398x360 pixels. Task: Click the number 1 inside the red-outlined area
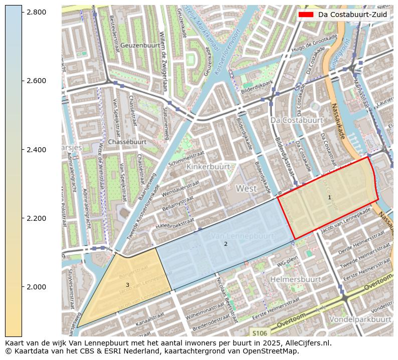(x=329, y=197)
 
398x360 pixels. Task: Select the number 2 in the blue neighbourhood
(x=226, y=244)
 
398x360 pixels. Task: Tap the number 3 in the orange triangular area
(x=127, y=285)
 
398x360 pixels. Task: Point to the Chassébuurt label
(x=127, y=142)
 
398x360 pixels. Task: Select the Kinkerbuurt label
(x=208, y=166)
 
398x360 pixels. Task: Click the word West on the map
(x=246, y=189)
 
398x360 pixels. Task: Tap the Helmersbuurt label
(x=295, y=279)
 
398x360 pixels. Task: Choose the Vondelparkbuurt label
(x=360, y=319)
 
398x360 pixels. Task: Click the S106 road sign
(x=260, y=333)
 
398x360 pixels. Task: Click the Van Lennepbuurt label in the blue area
(x=243, y=236)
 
